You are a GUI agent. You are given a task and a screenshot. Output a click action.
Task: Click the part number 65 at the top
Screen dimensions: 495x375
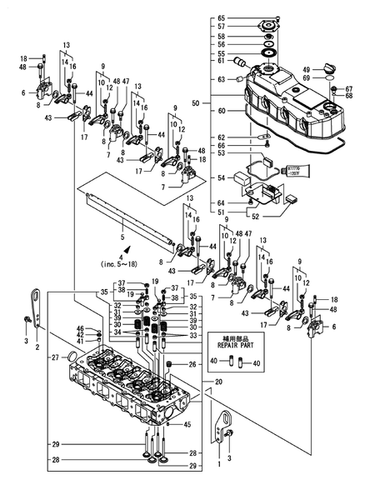[x=222, y=18]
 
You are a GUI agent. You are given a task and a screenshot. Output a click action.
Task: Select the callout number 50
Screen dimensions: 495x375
[x=197, y=102]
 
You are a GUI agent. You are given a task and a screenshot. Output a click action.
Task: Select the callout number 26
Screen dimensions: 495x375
[x=192, y=364]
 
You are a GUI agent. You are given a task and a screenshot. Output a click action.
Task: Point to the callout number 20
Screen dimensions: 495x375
[x=218, y=382]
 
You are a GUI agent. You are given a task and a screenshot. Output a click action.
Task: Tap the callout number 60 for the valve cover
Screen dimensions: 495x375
[x=222, y=109]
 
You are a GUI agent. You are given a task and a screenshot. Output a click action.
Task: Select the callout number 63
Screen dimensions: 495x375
[x=222, y=79]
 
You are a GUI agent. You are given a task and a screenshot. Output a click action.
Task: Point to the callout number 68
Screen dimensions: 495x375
[x=349, y=95]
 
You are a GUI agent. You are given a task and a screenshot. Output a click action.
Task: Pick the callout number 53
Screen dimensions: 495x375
[x=222, y=152]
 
